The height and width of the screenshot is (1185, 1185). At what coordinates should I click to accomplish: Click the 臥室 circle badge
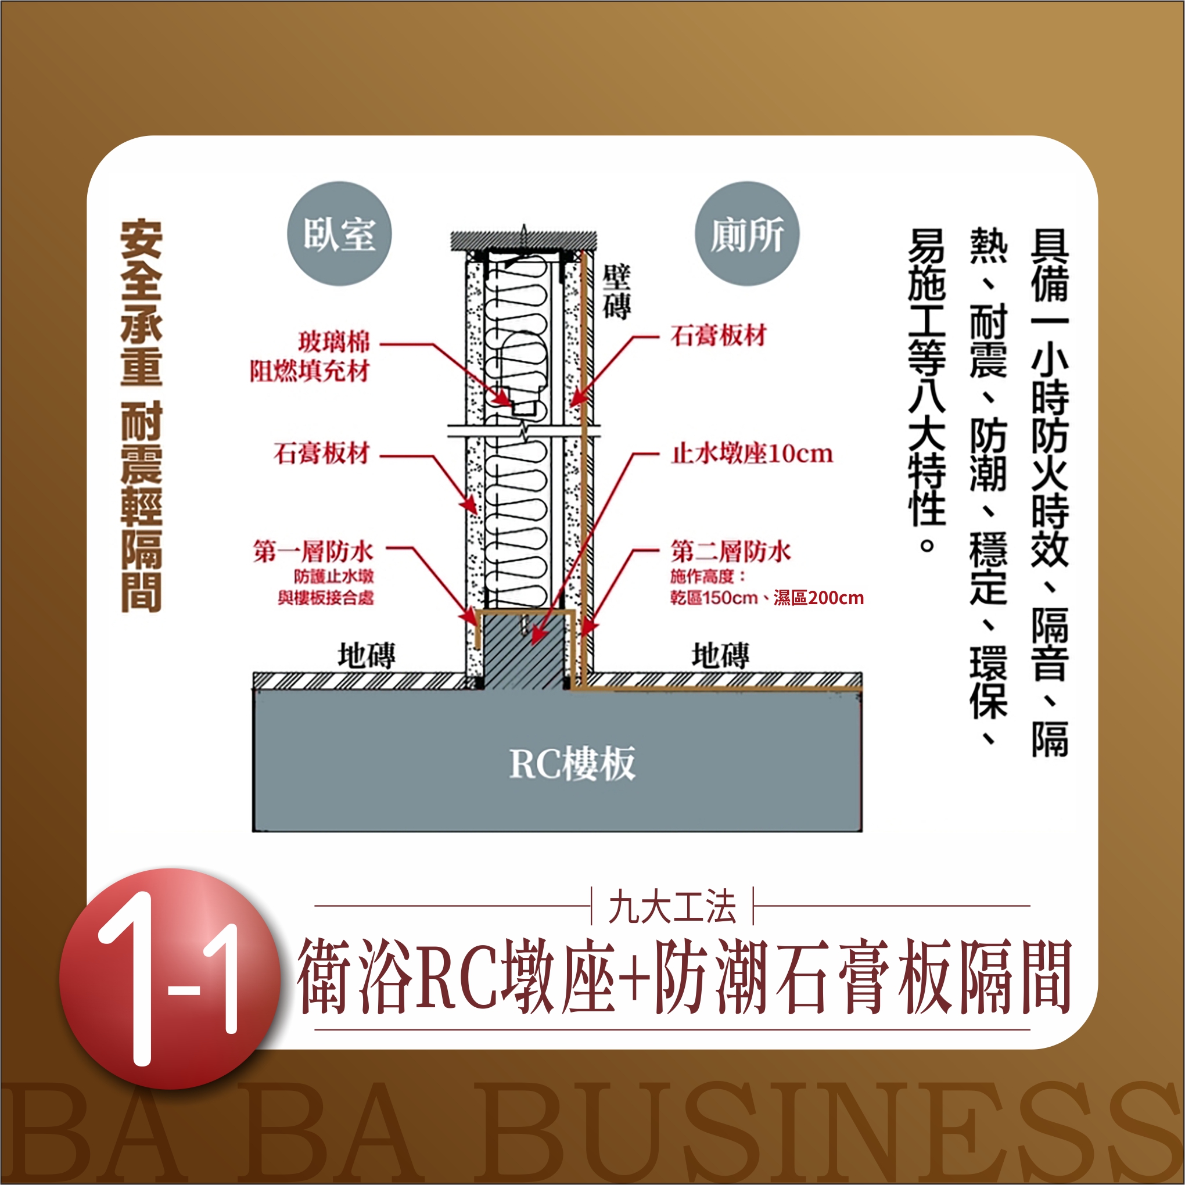(x=339, y=234)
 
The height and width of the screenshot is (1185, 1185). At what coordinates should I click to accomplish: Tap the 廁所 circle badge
(x=747, y=234)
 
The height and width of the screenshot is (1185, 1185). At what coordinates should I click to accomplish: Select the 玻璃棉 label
(x=334, y=342)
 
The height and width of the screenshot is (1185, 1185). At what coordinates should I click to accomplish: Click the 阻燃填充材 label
(x=310, y=371)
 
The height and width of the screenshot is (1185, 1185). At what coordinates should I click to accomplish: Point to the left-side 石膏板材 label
(x=322, y=453)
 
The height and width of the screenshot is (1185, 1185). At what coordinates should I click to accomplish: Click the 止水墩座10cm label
(x=752, y=454)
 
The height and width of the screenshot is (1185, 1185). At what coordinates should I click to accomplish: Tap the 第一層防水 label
(x=313, y=551)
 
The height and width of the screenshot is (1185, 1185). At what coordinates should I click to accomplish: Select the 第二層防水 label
(x=731, y=551)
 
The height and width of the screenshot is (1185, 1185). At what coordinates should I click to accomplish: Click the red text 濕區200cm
(x=819, y=598)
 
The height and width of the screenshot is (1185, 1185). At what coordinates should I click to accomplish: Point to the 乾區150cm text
(x=714, y=598)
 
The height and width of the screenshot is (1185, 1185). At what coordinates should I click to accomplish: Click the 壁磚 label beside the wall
(x=616, y=293)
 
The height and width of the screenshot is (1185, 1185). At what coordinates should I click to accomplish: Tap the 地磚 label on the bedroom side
(x=366, y=655)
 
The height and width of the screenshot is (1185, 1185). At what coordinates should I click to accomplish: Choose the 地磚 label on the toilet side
(x=720, y=655)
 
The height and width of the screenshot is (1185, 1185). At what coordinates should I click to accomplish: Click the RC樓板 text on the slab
(x=572, y=764)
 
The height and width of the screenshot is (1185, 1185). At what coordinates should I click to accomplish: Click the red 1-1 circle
(x=170, y=979)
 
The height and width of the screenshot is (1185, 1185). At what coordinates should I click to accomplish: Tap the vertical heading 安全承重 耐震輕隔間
(x=141, y=415)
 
